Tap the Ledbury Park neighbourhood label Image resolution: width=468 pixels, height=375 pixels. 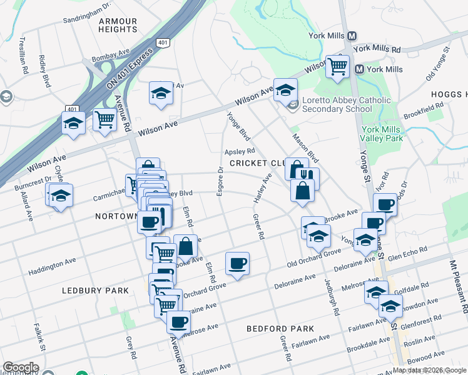(x=96, y=291)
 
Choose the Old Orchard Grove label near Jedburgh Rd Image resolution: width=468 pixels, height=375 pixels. (x=314, y=256)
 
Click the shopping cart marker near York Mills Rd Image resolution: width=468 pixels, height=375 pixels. (x=338, y=66)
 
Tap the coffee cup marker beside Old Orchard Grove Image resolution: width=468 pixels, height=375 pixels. (x=237, y=263)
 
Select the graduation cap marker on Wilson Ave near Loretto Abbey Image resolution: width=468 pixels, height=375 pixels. (x=285, y=91)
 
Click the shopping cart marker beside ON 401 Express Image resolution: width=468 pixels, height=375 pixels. (x=104, y=119)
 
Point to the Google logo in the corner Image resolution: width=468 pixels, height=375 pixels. (x=21, y=367)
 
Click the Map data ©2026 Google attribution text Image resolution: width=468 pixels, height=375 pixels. (x=429, y=370)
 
